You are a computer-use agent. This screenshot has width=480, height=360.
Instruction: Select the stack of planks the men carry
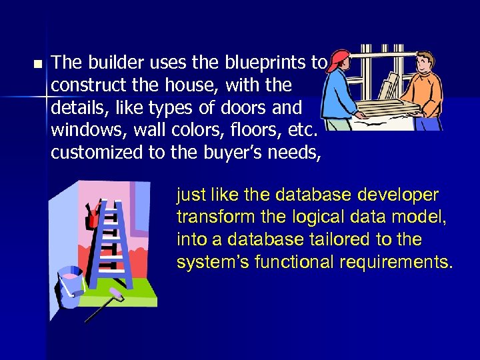click(387, 107)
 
